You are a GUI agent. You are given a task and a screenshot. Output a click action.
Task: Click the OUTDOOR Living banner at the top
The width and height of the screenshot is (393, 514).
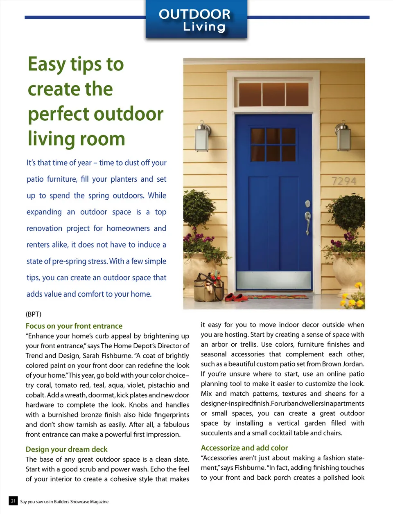[x=196, y=20]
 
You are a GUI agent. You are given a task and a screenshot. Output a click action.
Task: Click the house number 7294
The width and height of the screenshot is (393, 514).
[x=344, y=181]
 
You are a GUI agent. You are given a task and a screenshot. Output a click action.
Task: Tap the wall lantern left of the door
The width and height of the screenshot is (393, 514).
[x=202, y=136]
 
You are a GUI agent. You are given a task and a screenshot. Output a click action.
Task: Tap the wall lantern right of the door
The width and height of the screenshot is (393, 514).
[x=343, y=136]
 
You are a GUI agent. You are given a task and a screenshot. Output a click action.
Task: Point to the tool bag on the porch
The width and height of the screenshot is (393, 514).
[x=209, y=287]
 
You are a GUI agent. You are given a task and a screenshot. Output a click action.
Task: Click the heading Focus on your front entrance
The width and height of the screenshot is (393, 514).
[x=74, y=326]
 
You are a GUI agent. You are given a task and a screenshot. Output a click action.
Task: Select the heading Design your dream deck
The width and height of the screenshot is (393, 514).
[x=67, y=449]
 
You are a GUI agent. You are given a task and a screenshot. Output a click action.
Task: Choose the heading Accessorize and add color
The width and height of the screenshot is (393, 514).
[x=244, y=448]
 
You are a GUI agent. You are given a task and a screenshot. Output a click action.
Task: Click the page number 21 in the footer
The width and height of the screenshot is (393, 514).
[x=13, y=501]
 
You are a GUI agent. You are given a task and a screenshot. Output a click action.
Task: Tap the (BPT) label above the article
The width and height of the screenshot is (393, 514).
[x=34, y=314]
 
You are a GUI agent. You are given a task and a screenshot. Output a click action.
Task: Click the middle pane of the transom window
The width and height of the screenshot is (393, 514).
[x=273, y=94]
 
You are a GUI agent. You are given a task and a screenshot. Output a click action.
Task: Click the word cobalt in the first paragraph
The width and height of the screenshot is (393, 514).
[x=35, y=395]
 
